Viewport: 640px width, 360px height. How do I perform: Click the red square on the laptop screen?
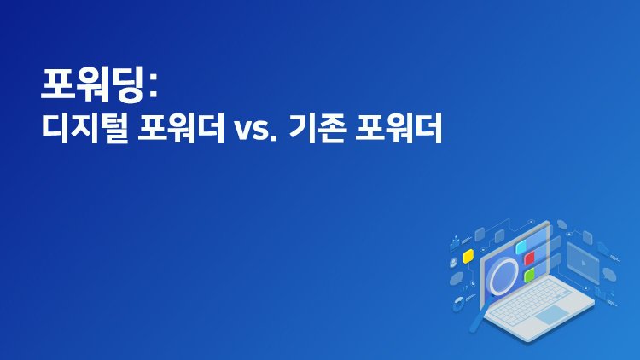tap(530, 258)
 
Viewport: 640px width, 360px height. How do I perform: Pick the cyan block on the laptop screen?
tap(522, 246)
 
